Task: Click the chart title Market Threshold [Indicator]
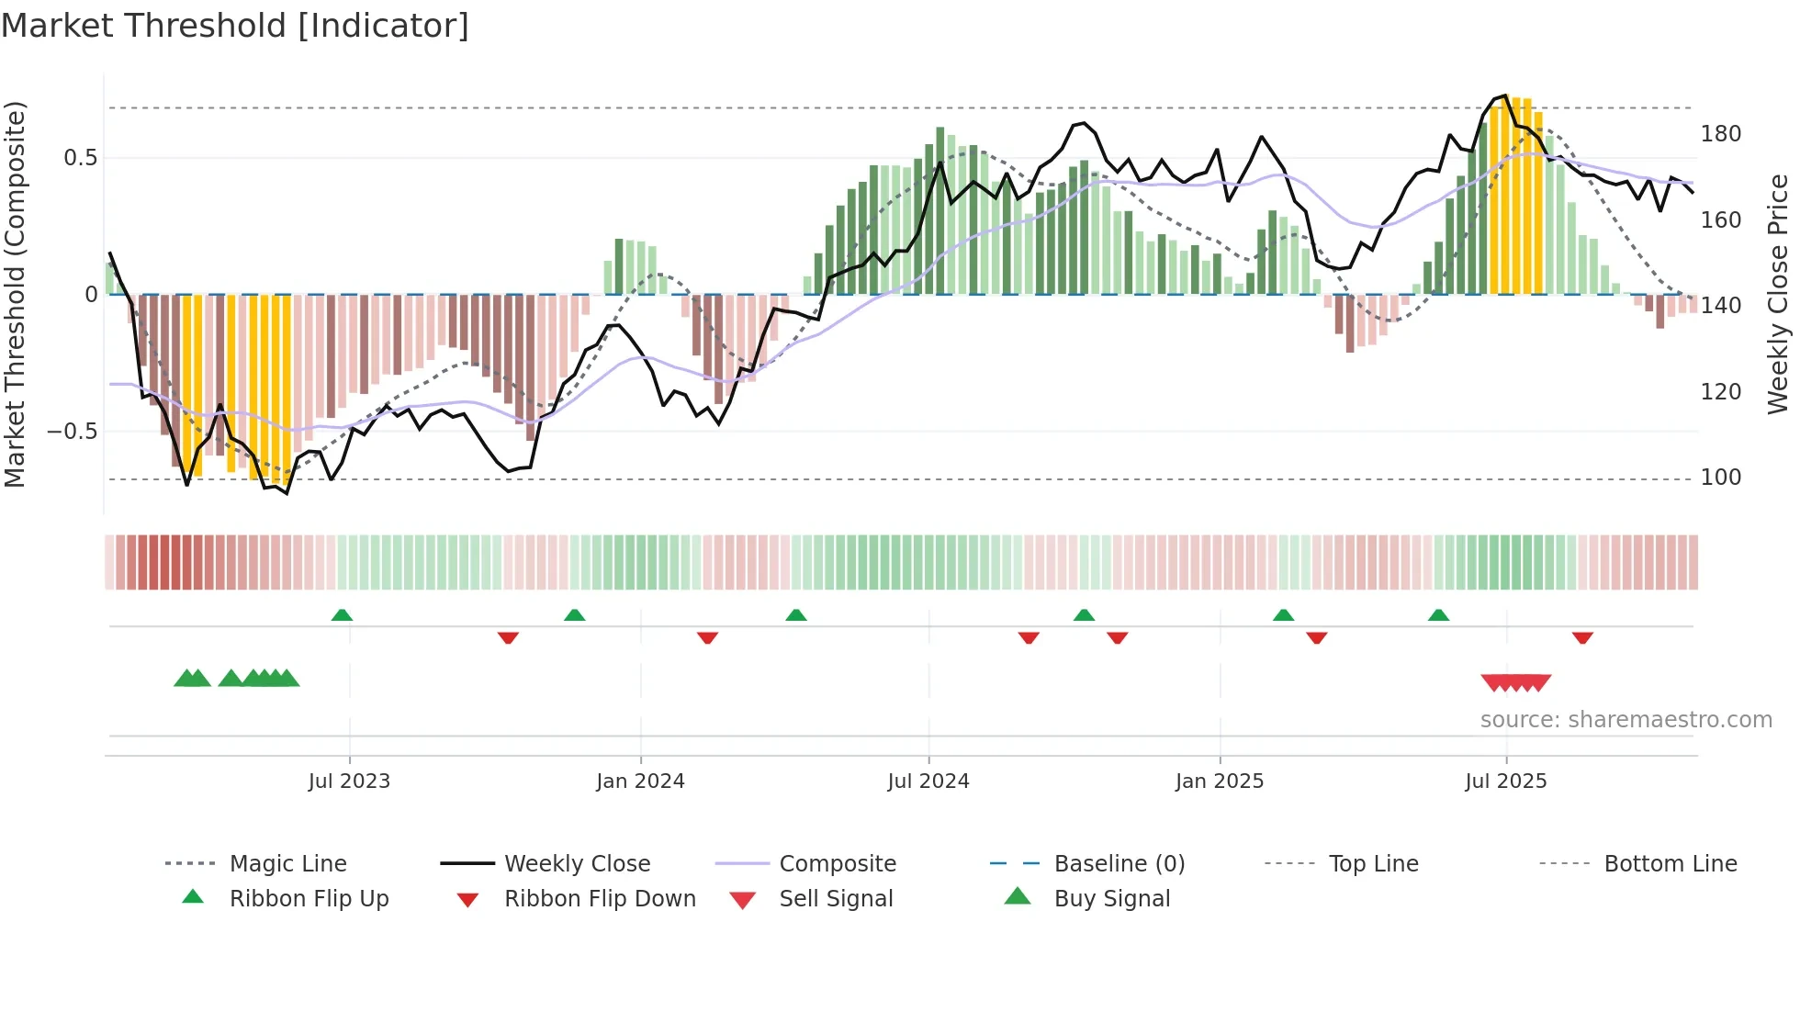pos(235,26)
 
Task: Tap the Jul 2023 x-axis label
pos(349,781)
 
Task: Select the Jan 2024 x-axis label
pos(640,781)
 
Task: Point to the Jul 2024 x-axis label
pos(928,781)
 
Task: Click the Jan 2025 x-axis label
pos(1220,781)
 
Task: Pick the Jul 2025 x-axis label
pos(1506,781)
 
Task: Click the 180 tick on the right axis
pos(1720,134)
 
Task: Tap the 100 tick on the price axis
pos(1720,478)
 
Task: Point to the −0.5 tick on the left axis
pos(73,432)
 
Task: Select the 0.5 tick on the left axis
pos(81,158)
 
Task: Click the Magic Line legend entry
pos(287,864)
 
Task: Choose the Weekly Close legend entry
pos(577,864)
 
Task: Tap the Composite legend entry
pos(837,864)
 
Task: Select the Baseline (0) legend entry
pos(1119,864)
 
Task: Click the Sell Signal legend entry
pos(835,899)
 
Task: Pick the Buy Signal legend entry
pos(1111,899)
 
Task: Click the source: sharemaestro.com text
pos(1626,720)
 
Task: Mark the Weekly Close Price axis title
pos(1778,294)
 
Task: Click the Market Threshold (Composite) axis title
pos(15,294)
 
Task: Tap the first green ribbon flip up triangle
pos(342,614)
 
